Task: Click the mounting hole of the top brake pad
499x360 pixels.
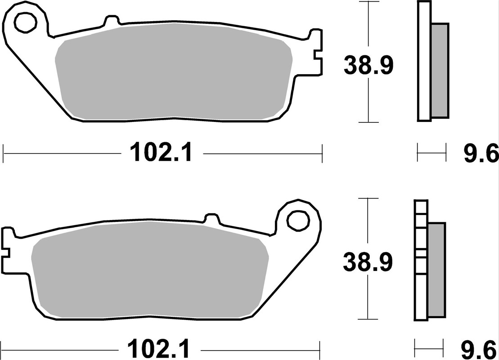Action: (x=25, y=21)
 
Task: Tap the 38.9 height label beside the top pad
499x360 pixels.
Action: (x=369, y=66)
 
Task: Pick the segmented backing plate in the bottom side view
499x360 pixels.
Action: (x=420, y=261)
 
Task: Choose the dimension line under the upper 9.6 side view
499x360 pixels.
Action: (x=432, y=153)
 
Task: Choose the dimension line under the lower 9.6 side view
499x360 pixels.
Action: (x=429, y=347)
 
